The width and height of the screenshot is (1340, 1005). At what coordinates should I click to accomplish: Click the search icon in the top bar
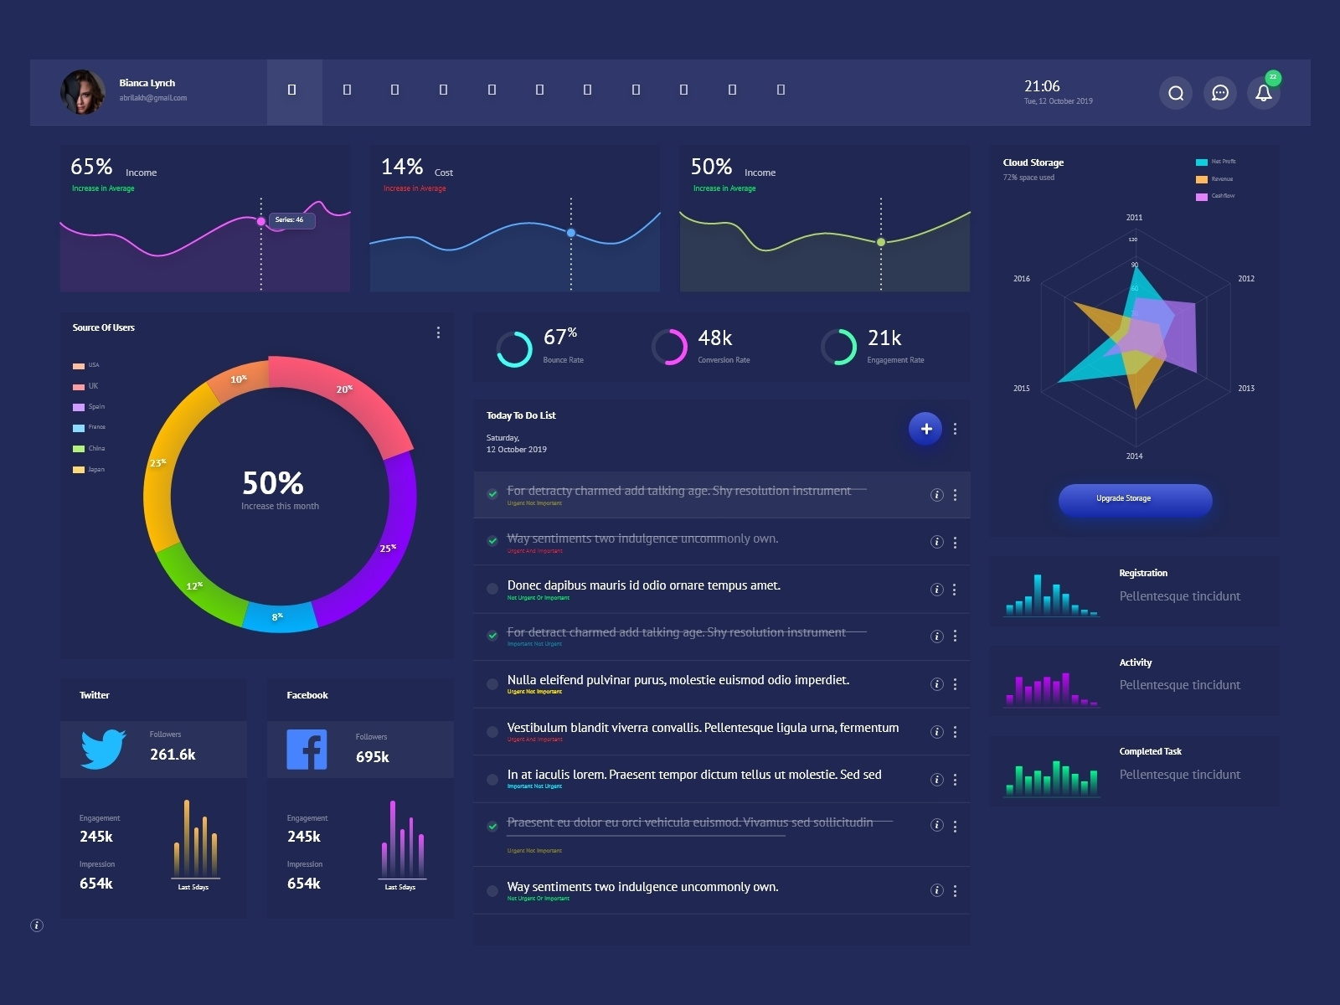click(1176, 93)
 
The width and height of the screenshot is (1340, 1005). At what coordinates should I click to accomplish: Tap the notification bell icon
click(1264, 93)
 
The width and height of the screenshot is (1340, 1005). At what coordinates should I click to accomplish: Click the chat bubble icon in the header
click(1220, 93)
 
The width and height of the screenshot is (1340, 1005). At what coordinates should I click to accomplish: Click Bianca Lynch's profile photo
click(83, 91)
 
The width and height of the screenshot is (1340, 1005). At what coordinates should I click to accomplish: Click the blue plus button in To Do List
click(925, 429)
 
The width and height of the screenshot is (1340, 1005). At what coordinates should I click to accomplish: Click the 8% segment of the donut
click(279, 617)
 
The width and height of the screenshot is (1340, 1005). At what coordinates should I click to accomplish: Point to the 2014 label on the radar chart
click(1134, 456)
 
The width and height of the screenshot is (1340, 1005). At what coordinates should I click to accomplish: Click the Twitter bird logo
click(103, 749)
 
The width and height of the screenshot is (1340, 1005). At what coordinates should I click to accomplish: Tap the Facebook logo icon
click(307, 750)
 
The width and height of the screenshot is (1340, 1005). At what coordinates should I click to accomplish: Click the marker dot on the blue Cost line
click(571, 233)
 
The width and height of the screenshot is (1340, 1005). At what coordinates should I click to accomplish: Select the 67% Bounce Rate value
click(559, 337)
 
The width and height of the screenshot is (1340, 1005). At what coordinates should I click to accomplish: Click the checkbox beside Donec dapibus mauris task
click(492, 589)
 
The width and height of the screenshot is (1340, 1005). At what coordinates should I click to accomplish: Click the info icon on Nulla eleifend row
click(936, 684)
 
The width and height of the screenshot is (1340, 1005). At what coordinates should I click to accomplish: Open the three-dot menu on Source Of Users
click(438, 332)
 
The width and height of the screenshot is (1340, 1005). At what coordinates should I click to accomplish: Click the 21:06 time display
click(1042, 86)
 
